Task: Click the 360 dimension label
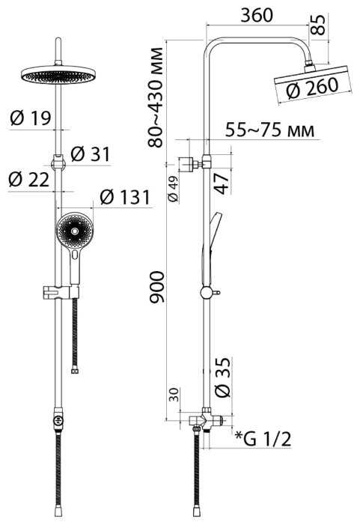[257, 15]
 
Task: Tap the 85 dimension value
[318, 25]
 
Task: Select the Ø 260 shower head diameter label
[313, 88]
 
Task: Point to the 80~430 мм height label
[156, 97]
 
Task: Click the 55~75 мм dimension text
[269, 130]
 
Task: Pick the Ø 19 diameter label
[31, 118]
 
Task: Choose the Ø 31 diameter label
[91, 154]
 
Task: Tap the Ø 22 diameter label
[29, 179]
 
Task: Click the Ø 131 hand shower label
[125, 197]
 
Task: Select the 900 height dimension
[156, 288]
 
